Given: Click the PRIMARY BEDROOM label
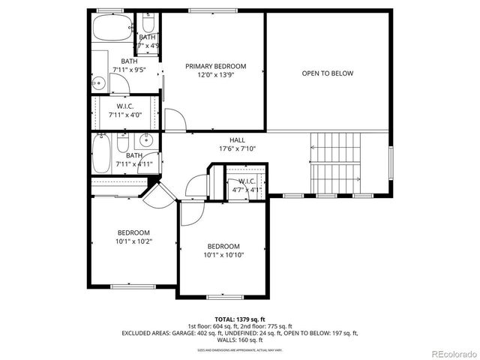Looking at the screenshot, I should (x=215, y=66).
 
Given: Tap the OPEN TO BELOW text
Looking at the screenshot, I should (x=327, y=73).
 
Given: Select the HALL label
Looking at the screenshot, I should (x=237, y=139).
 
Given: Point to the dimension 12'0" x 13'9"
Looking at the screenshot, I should (x=215, y=76).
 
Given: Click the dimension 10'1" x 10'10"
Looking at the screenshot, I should (x=223, y=255).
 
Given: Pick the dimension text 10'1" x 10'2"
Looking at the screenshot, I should (x=133, y=241).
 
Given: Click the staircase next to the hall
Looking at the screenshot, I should (x=335, y=163).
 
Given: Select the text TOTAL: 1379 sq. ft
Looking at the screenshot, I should (x=239, y=319).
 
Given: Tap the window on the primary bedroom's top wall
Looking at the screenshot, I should (x=209, y=10).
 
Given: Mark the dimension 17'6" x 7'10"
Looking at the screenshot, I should (x=237, y=148).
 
